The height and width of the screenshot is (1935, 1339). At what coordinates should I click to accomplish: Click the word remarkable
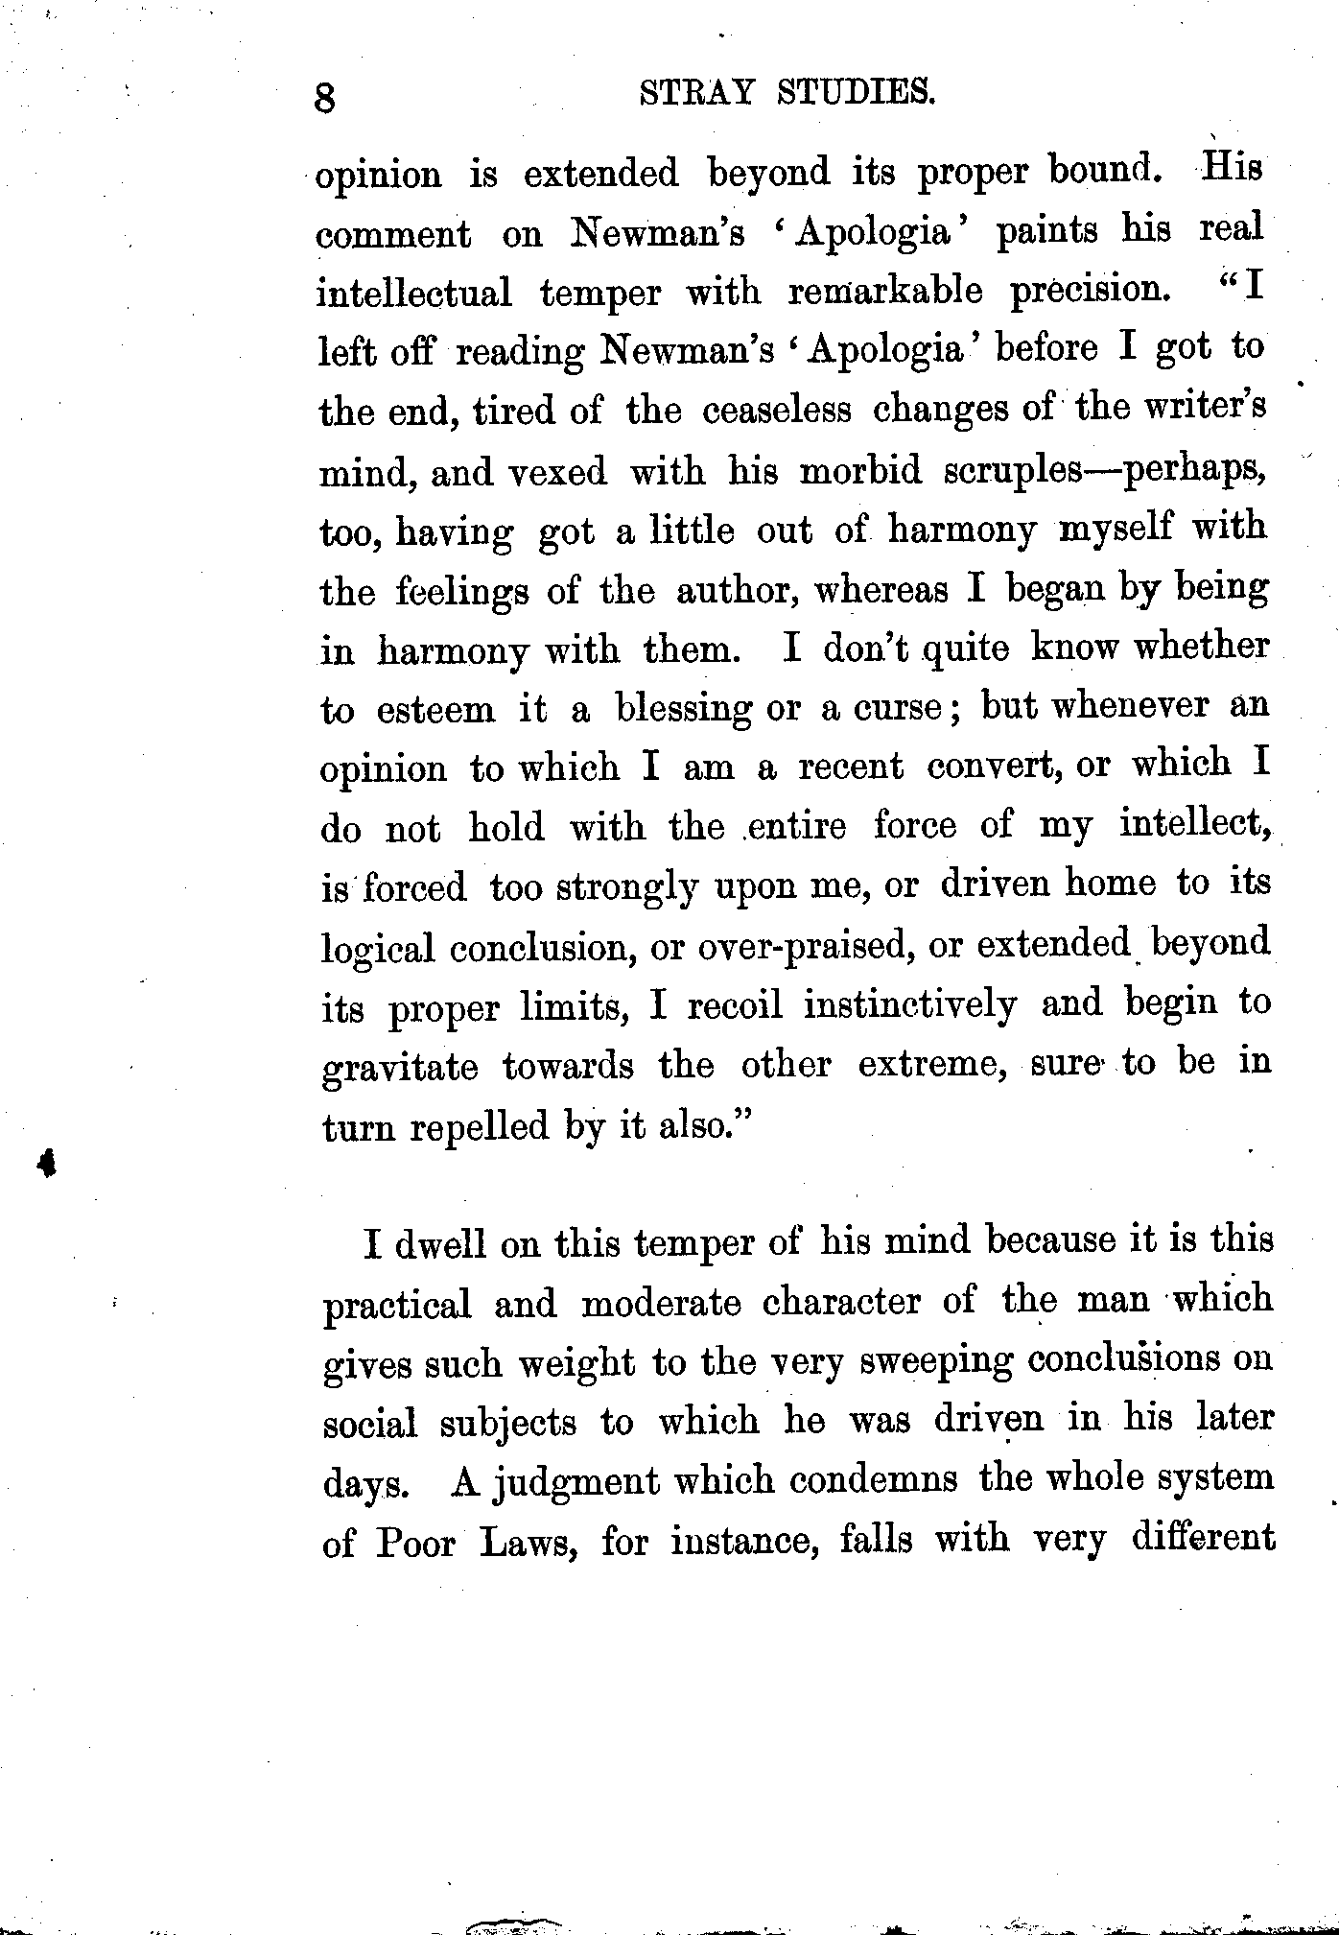point(884,291)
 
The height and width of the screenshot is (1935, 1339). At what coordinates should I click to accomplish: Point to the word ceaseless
point(776,410)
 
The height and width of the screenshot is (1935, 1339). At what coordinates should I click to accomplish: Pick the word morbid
point(860,470)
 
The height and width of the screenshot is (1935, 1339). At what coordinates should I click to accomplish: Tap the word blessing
point(683,708)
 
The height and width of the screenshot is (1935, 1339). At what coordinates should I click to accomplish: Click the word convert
point(996,767)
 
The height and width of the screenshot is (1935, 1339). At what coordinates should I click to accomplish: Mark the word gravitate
point(399,1067)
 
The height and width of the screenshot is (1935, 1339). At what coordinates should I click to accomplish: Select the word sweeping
point(935,1362)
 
